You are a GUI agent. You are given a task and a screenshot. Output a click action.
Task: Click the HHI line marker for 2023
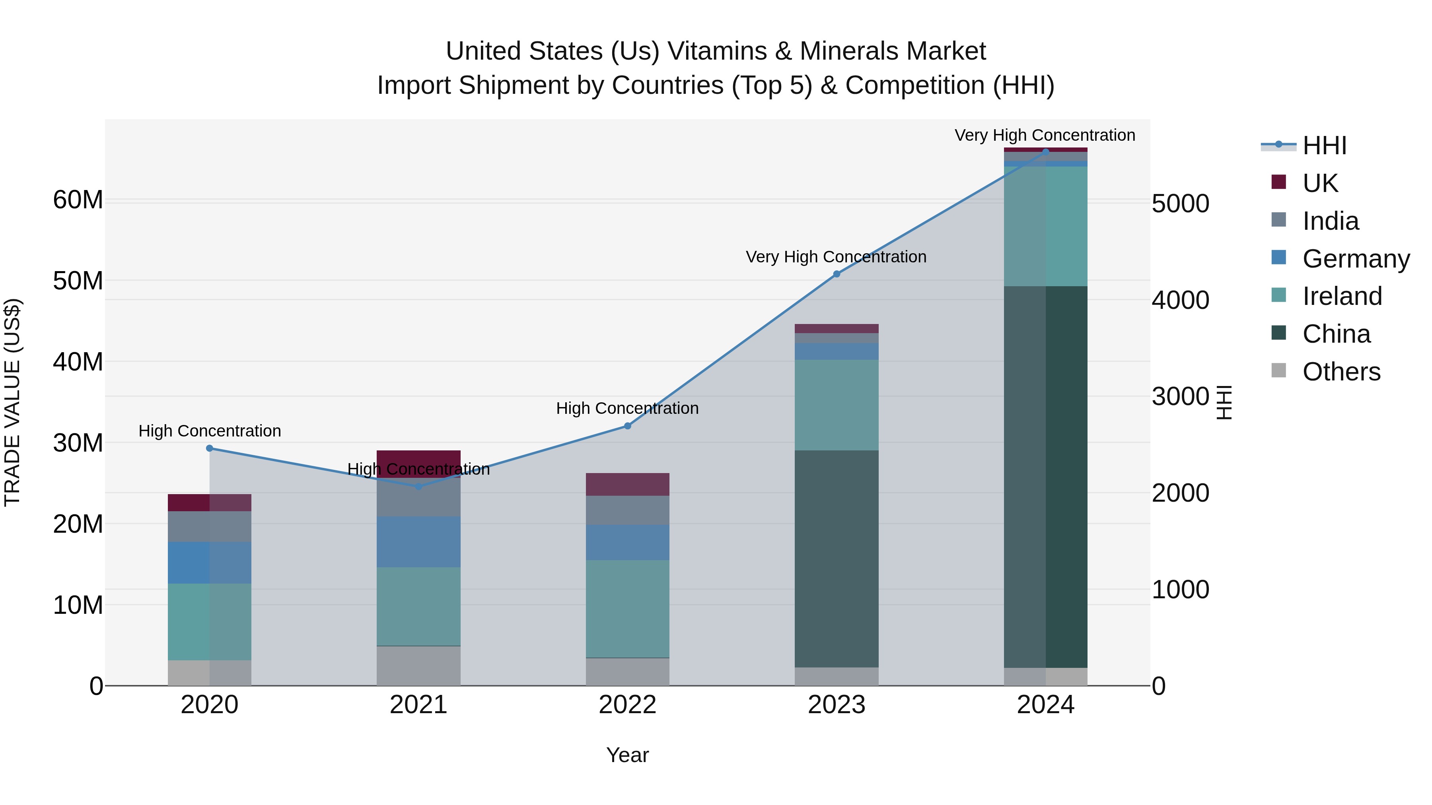[837, 274]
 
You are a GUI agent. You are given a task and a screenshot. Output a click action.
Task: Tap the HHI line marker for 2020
[210, 448]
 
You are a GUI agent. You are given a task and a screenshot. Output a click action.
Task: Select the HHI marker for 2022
[628, 426]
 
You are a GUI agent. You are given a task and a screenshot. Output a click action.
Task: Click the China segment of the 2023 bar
[837, 559]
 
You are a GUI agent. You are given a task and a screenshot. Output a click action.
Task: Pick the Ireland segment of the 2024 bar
[1046, 226]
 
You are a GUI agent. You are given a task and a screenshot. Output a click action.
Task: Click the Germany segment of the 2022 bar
[628, 542]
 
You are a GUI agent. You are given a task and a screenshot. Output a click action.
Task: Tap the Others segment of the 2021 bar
[418, 665]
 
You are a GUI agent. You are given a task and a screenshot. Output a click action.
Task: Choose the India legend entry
[1330, 221]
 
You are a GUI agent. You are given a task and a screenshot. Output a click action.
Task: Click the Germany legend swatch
[1278, 258]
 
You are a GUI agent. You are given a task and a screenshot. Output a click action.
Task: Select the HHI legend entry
[1324, 145]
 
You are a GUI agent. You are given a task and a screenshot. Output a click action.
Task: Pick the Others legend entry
[1341, 372]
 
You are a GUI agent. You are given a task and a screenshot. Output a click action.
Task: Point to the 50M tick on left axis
[78, 281]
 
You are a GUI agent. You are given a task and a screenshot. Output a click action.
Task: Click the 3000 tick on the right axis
[1180, 397]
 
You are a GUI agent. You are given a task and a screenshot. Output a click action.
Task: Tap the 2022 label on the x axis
[628, 705]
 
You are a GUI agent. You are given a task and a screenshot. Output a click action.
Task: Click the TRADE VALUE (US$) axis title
[12, 402]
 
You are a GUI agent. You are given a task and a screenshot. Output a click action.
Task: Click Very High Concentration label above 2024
[1045, 135]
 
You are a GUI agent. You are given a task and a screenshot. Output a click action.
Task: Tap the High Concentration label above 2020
[210, 431]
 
